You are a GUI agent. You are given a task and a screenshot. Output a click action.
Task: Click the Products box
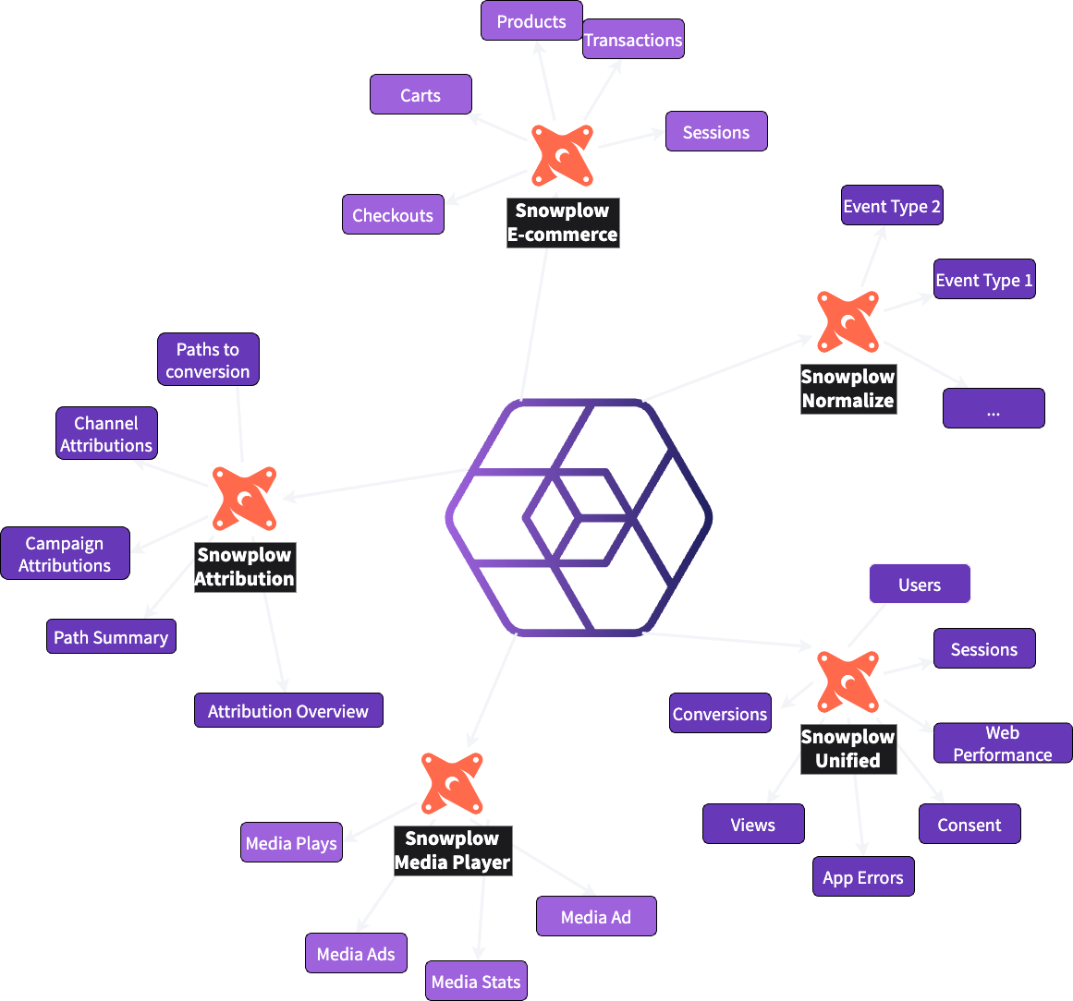(x=531, y=20)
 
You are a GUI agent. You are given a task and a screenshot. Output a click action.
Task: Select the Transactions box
(x=633, y=39)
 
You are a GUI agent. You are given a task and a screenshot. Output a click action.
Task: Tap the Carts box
(x=421, y=94)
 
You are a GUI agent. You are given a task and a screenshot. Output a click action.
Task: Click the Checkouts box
(x=393, y=214)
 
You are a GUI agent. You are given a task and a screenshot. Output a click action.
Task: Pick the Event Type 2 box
(x=892, y=205)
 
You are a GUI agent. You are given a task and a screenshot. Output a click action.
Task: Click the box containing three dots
(x=994, y=408)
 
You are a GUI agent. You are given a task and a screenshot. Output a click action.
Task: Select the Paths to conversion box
(x=208, y=359)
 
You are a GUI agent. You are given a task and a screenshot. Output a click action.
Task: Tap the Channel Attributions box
(x=106, y=433)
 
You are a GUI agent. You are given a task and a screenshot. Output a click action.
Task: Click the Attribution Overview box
(x=288, y=710)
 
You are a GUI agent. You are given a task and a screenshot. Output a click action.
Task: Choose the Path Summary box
(x=111, y=636)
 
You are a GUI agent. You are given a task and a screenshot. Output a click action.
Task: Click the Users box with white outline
(x=920, y=584)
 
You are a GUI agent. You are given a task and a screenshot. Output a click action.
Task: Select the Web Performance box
(x=1003, y=742)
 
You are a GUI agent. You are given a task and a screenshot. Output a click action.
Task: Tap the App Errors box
(x=863, y=877)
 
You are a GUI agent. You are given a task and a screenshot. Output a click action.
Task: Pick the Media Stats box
(x=476, y=981)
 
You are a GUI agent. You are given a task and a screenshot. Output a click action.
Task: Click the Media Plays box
(x=291, y=842)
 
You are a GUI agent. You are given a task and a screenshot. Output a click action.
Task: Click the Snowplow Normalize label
(x=847, y=388)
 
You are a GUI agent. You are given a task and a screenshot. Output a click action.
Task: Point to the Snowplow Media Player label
(x=452, y=850)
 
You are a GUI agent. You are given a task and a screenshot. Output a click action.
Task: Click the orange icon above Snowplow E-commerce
(x=562, y=155)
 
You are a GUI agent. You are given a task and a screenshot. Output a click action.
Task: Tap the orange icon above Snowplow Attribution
(x=244, y=499)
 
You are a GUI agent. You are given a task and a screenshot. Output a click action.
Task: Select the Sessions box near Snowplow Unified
(x=984, y=648)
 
